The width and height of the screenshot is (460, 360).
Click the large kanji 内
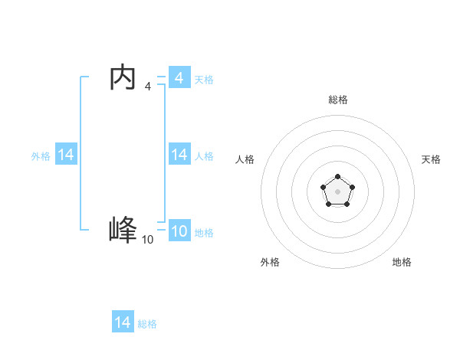(x=123, y=77)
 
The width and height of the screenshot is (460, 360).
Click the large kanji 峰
(x=123, y=230)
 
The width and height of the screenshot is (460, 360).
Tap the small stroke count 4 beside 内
(x=147, y=87)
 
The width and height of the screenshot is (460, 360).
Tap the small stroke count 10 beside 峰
(x=147, y=240)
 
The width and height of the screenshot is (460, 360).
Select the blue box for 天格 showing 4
(x=179, y=78)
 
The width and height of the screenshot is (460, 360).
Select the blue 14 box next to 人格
(x=179, y=155)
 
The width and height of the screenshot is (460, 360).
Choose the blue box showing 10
(x=179, y=231)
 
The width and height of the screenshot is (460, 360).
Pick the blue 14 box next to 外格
(x=66, y=155)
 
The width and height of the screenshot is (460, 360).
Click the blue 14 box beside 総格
(x=123, y=322)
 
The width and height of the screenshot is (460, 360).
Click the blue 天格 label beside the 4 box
(x=204, y=80)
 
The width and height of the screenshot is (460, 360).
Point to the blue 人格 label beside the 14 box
(x=204, y=156)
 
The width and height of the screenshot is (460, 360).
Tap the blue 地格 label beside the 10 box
(x=204, y=233)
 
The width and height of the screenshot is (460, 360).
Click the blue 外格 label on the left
(x=41, y=156)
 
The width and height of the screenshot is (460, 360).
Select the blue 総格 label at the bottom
(x=147, y=324)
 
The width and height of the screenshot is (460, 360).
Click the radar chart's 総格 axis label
(x=337, y=100)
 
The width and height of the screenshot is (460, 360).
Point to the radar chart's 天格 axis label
(x=431, y=159)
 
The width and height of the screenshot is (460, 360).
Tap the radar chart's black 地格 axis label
(x=402, y=262)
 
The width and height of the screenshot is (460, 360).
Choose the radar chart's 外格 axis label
(x=270, y=262)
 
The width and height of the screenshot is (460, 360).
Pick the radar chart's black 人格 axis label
(x=245, y=159)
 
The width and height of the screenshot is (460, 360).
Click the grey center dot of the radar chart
(x=337, y=191)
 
